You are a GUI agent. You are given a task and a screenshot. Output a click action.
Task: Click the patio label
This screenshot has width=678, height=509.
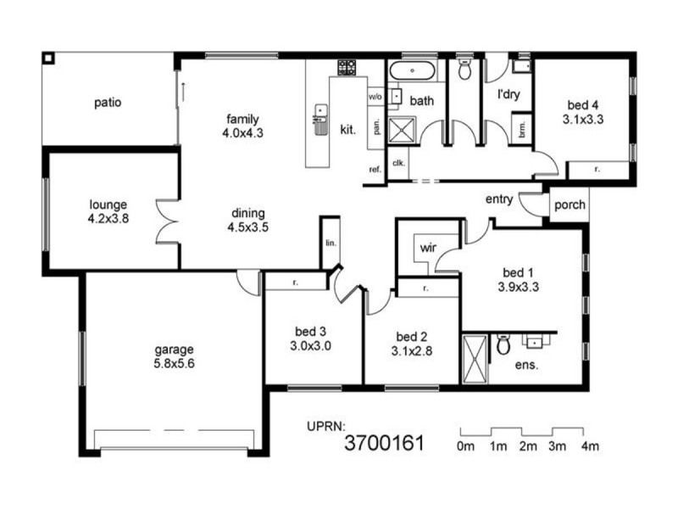(108, 103)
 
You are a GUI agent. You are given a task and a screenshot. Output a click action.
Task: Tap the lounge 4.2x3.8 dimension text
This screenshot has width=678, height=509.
(108, 218)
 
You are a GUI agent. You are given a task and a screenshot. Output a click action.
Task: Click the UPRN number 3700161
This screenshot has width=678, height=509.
(383, 442)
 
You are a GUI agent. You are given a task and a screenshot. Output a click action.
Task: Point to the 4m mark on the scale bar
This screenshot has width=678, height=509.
(590, 446)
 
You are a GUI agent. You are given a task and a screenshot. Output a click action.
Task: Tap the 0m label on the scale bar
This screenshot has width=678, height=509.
(464, 446)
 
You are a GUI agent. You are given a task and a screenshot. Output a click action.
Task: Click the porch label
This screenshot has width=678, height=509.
(567, 205)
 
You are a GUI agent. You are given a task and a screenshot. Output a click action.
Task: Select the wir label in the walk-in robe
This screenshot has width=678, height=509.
(426, 249)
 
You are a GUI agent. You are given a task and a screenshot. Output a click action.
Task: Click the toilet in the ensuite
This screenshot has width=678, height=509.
(503, 344)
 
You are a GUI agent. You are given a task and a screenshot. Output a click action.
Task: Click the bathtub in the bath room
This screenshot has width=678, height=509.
(413, 70)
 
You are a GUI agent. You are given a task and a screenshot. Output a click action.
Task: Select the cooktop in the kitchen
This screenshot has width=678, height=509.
(346, 67)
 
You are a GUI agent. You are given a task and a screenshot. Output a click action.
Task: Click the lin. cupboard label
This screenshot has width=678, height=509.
(330, 242)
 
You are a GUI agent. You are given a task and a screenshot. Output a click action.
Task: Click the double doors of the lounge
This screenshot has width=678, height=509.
(166, 220)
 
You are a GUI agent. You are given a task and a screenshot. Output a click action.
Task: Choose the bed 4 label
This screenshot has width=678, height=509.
(582, 105)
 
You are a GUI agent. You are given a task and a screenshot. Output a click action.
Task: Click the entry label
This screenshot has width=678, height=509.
(498, 199)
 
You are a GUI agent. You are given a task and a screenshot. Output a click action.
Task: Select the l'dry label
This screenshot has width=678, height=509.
(508, 94)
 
